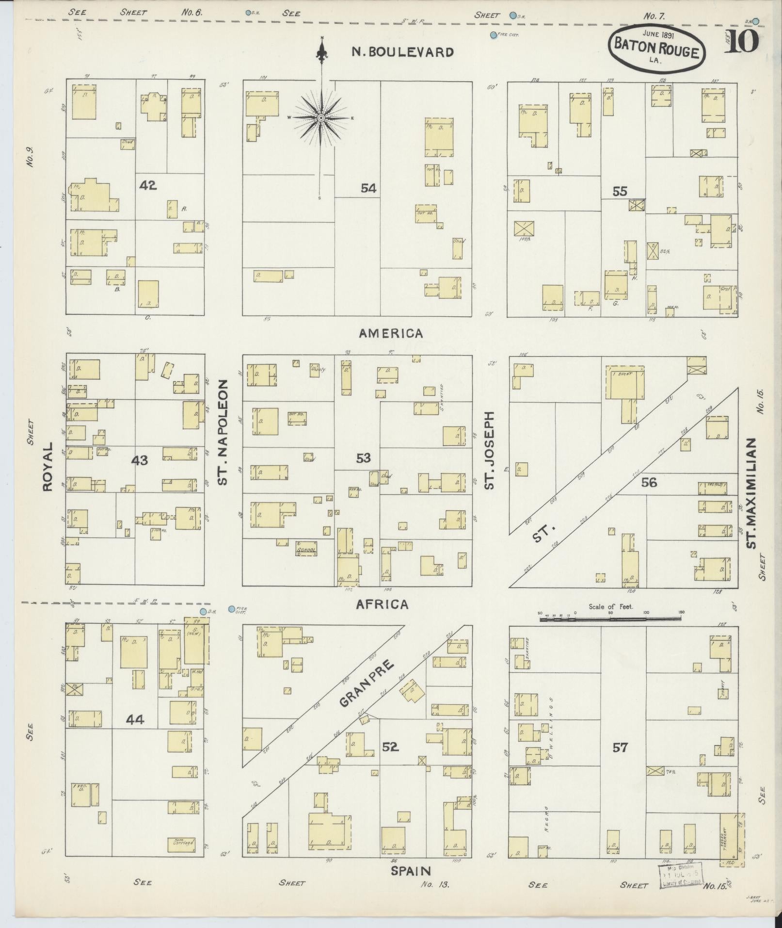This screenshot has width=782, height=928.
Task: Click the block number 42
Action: [x=148, y=185]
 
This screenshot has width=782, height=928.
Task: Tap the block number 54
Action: [x=368, y=188]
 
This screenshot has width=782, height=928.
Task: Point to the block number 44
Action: [x=135, y=719]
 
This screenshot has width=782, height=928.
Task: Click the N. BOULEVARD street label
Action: [x=402, y=52]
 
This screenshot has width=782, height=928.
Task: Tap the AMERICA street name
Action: [x=391, y=334]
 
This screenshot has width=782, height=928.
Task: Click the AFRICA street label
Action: [x=382, y=604]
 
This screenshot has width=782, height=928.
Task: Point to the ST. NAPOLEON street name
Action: [x=222, y=432]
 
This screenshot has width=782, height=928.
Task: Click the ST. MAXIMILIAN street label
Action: [x=751, y=493]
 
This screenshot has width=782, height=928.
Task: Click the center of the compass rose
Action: [x=321, y=118]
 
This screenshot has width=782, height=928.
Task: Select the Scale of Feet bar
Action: [x=610, y=619]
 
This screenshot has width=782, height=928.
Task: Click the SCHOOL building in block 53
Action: [x=306, y=550]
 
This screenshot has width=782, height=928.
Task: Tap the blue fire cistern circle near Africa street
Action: [x=231, y=609]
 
